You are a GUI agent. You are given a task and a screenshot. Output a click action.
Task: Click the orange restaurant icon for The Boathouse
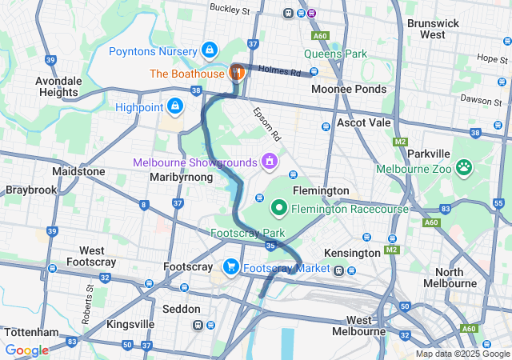tap(237, 73)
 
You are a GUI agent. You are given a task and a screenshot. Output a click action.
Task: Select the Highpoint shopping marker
tap(174, 106)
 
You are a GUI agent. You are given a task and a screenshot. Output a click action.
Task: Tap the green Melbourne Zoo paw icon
tap(463, 167)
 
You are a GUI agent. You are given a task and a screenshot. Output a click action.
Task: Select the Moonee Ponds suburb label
tap(348, 90)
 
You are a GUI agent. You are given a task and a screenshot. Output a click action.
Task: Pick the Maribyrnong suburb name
tap(182, 177)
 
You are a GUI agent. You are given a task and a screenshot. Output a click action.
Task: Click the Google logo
tap(26, 350)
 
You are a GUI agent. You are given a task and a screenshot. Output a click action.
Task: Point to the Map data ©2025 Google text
tap(462, 354)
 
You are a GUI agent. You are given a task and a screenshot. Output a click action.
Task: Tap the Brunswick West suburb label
tap(433, 29)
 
